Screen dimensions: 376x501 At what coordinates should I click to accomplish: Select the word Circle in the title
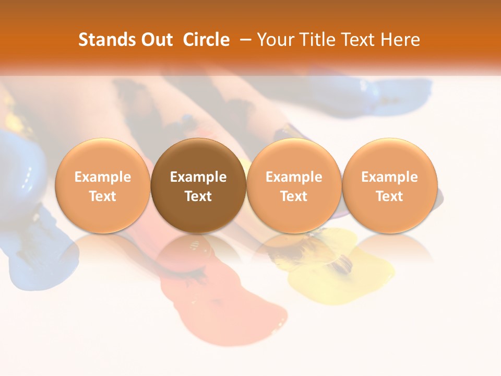click(x=206, y=40)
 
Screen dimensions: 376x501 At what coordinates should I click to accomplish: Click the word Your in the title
click(x=275, y=40)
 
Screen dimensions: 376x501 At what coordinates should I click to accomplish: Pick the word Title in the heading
click(x=314, y=40)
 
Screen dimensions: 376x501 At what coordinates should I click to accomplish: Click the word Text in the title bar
click(x=356, y=40)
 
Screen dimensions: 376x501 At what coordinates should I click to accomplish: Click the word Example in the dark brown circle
click(x=198, y=177)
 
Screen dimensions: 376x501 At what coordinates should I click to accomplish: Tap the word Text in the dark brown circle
click(x=198, y=196)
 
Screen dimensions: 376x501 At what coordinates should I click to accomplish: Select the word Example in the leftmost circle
click(x=102, y=177)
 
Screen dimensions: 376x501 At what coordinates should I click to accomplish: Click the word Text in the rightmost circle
click(x=390, y=196)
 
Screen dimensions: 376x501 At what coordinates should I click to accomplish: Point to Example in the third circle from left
click(x=294, y=177)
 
